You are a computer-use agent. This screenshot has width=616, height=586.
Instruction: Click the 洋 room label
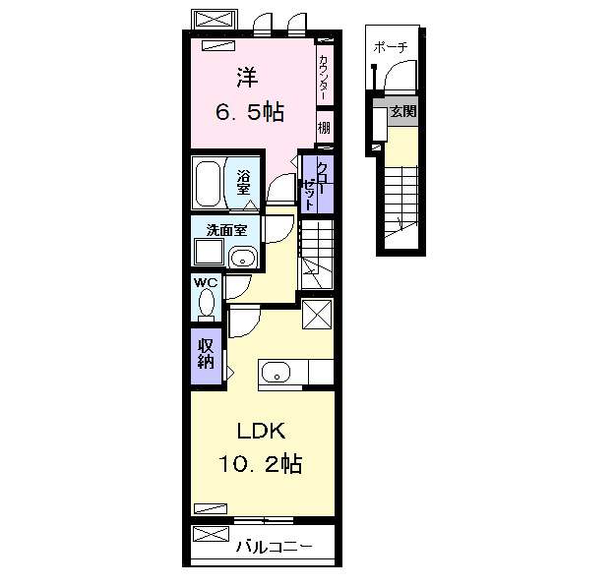click(x=247, y=78)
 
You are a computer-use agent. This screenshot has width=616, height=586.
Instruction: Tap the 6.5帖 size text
click(x=250, y=112)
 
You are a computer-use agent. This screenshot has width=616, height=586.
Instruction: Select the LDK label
click(x=261, y=431)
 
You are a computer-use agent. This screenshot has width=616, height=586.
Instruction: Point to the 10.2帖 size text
click(x=261, y=464)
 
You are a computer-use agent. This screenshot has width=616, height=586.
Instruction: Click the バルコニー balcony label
click(x=275, y=547)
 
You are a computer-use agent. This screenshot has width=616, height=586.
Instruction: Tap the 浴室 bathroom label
click(x=243, y=182)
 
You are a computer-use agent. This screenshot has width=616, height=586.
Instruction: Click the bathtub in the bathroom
click(x=208, y=184)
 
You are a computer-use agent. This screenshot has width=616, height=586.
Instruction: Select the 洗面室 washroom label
click(x=226, y=230)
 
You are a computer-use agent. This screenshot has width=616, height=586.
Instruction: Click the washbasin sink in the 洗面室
click(x=243, y=258)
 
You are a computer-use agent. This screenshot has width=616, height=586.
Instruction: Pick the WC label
click(x=206, y=282)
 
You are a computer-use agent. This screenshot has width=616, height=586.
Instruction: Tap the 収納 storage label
click(x=206, y=354)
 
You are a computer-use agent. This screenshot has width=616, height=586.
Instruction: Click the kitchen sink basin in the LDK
click(x=277, y=372)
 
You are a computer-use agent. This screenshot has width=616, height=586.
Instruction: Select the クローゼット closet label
click(x=315, y=186)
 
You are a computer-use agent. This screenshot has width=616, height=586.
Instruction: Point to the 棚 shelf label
click(x=324, y=128)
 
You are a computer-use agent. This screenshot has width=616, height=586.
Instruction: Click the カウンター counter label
click(x=323, y=77)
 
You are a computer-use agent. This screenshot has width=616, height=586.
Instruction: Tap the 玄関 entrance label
click(x=403, y=111)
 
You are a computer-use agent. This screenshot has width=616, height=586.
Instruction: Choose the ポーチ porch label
click(x=391, y=47)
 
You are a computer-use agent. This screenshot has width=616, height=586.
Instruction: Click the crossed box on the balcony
click(x=211, y=534)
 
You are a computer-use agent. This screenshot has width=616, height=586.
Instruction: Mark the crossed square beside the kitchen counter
click(x=317, y=314)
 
